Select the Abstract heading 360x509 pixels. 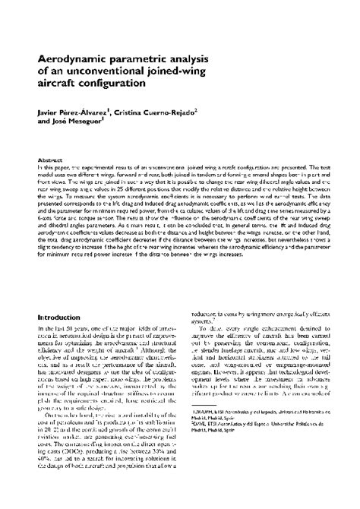coord(50,161)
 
